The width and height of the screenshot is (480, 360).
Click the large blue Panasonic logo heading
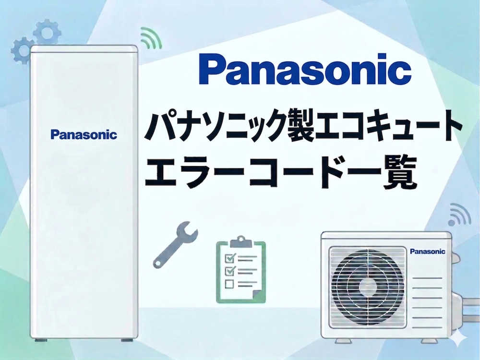(305, 69)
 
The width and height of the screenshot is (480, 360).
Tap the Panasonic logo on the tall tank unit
(84, 134)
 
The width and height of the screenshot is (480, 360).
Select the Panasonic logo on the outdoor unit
(427, 252)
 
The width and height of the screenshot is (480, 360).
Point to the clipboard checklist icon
(241, 270)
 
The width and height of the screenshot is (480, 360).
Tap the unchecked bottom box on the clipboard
(229, 284)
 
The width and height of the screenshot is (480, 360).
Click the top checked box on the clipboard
(230, 258)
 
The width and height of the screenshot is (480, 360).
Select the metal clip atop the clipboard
(241, 241)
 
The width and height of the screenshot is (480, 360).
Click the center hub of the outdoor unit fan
(368, 287)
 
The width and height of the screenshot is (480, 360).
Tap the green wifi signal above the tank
(151, 38)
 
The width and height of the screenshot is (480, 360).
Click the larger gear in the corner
(47, 32)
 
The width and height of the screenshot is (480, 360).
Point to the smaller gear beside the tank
(22, 50)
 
